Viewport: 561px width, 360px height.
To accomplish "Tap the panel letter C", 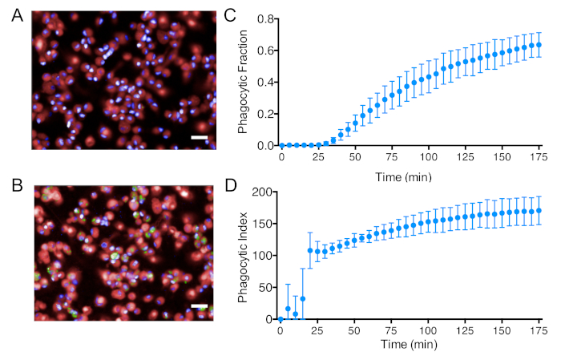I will coord(231,15).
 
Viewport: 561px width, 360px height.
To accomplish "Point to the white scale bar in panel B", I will coord(200,306).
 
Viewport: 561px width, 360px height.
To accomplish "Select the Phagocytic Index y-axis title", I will coord(243,255).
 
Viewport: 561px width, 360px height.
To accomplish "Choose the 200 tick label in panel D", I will coord(263,192).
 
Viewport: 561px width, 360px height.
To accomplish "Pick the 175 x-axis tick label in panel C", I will coord(540,156).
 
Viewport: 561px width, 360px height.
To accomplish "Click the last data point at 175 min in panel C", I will coord(539,45).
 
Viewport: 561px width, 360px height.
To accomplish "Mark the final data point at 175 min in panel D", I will coord(539,211).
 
